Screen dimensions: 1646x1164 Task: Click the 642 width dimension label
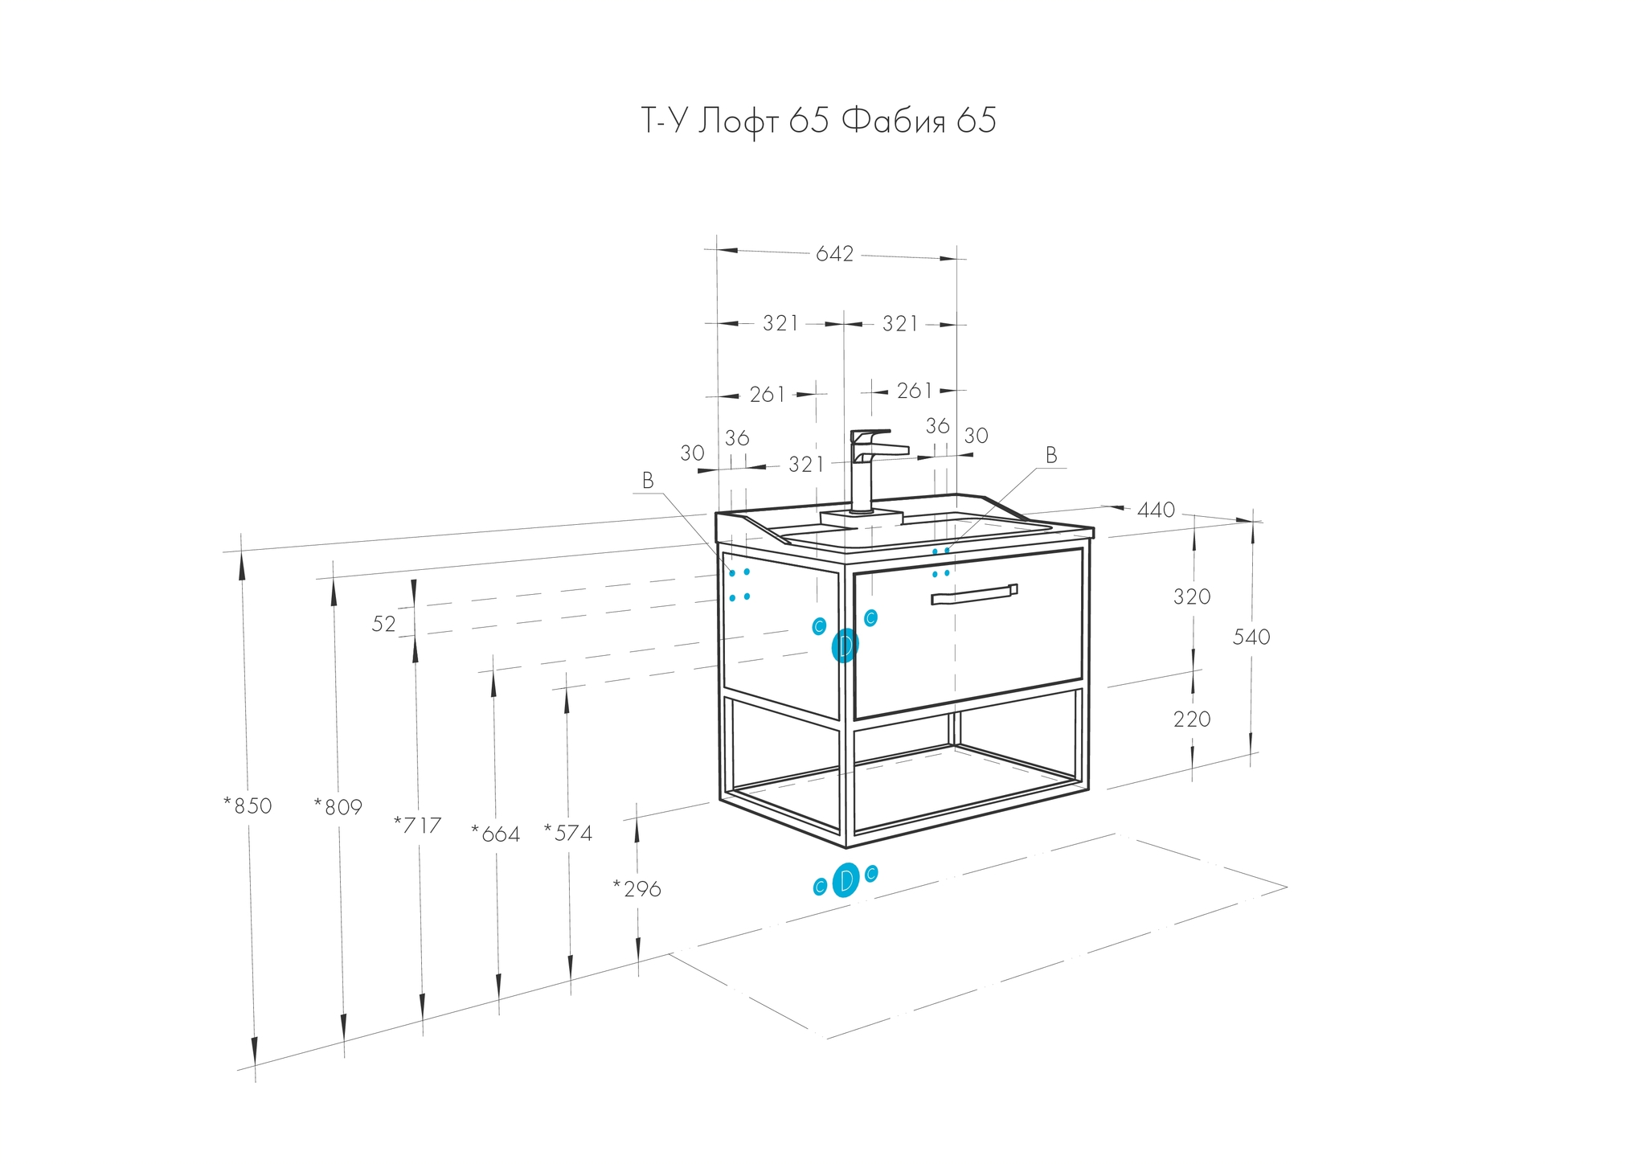point(834,254)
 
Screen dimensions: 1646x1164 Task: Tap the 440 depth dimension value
point(1157,510)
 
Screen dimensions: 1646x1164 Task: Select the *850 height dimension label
point(248,805)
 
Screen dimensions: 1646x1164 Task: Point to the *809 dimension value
point(338,806)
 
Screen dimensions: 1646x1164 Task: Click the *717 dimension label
point(417,825)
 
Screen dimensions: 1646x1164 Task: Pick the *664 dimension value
point(495,834)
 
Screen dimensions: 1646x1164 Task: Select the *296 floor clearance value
point(637,888)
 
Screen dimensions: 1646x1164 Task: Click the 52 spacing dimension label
point(384,624)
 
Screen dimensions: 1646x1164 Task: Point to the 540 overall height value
point(1251,637)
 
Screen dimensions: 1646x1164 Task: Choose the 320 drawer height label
point(1192,596)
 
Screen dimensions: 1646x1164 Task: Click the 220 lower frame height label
point(1192,719)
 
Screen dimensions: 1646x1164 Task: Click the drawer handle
point(974,593)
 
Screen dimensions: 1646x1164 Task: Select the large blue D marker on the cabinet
point(845,646)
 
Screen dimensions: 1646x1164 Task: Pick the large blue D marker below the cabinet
point(846,880)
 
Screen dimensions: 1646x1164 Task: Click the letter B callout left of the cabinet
point(648,481)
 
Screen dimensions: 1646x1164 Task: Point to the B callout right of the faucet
point(1051,455)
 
